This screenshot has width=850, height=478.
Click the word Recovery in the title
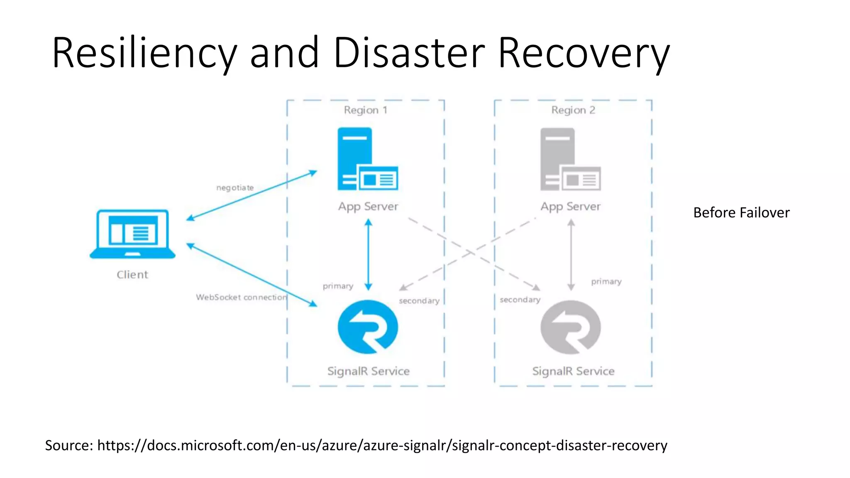(x=583, y=53)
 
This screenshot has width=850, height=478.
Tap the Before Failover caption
(x=741, y=212)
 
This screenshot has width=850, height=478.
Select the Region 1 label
(x=365, y=110)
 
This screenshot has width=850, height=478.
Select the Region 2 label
(x=573, y=110)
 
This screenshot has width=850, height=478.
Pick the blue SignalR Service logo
(x=368, y=327)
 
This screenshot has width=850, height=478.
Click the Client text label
(x=132, y=275)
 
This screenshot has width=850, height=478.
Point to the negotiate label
(x=235, y=188)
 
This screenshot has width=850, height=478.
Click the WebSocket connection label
(x=241, y=297)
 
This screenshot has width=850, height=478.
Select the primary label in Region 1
(x=338, y=286)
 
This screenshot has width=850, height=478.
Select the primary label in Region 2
(x=606, y=281)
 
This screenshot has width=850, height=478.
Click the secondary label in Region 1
(x=419, y=300)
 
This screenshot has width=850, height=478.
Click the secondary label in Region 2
(x=520, y=300)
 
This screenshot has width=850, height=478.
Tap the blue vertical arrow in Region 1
(x=368, y=254)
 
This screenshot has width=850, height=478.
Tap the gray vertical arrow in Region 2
(x=571, y=254)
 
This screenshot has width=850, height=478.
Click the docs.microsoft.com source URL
(x=382, y=445)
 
